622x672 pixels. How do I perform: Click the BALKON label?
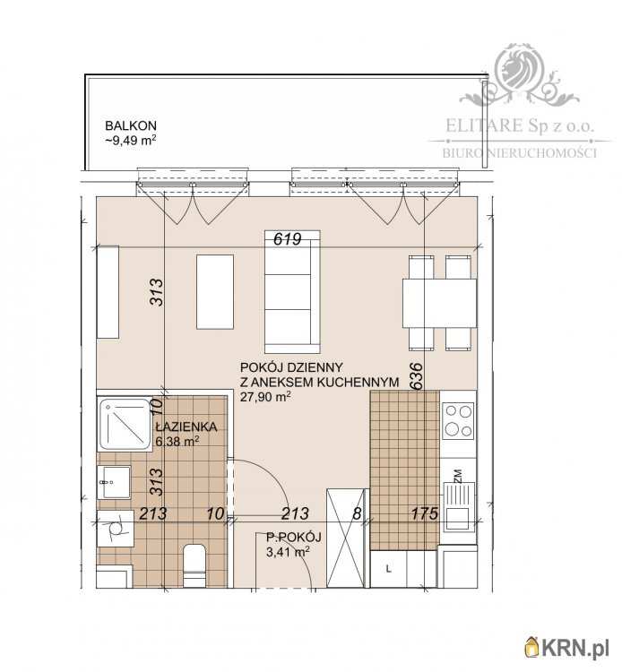coord(131,125)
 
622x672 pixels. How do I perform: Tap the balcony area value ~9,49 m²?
coord(131,140)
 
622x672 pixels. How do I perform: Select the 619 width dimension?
coord(288,238)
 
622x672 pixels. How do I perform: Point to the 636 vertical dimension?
coord(416,375)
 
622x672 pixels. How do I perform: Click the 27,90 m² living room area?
coord(266,396)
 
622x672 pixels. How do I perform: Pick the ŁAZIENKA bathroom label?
coord(186,426)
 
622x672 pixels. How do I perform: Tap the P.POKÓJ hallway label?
coord(294,537)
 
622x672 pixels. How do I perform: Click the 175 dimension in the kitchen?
coord(425,513)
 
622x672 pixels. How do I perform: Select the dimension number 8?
coord(357,513)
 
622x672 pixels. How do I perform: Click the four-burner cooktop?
coord(458,421)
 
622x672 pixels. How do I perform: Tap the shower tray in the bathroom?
coord(125,425)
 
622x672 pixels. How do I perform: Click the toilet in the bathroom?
coord(194,565)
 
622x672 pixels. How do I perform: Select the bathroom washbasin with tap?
coord(114,482)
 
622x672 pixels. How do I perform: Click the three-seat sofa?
coord(292,292)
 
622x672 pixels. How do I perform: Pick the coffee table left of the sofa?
coord(215,292)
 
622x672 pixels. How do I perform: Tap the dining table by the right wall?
coord(439,304)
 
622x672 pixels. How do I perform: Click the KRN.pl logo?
coord(566,649)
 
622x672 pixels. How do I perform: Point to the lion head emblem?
coord(519,69)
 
